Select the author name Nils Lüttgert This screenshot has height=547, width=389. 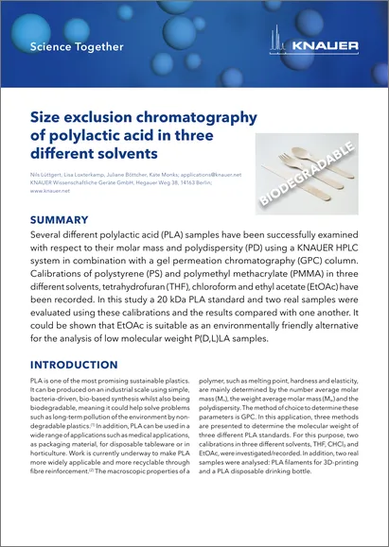(x=48, y=175)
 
